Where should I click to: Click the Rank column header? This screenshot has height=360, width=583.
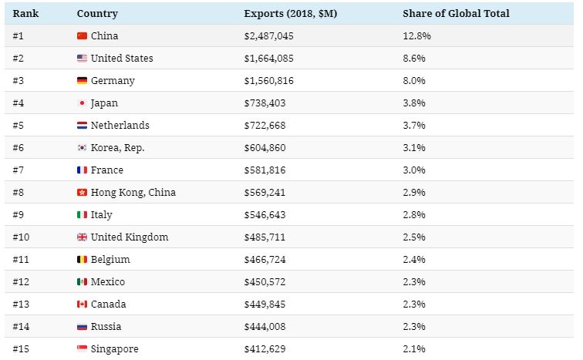point(25,14)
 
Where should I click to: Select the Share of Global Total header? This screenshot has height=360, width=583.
point(456,14)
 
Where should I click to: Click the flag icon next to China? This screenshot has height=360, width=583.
point(83,36)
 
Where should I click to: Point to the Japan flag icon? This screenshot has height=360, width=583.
point(83,103)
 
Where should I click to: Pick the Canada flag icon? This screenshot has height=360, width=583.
point(83,304)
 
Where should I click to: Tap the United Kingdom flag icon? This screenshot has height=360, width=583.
point(83,237)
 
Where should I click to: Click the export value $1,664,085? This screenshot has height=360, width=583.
point(268,59)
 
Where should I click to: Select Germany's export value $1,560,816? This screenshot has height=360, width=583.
point(268,81)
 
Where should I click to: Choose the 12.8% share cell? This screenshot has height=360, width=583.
point(416,36)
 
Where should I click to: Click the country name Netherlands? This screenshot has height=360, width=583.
point(120,126)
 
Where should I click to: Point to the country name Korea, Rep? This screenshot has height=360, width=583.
point(118,148)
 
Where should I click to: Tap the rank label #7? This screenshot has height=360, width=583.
point(21,170)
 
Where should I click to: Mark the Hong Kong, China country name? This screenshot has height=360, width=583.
point(133,193)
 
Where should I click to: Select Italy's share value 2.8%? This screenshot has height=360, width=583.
point(414,215)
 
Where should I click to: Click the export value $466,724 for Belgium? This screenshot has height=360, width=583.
point(265,260)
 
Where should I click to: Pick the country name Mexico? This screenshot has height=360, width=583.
point(108,282)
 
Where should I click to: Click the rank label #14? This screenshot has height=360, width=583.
point(23,327)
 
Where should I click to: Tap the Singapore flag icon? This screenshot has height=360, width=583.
point(83,349)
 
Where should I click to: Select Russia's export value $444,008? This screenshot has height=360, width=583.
point(265,327)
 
